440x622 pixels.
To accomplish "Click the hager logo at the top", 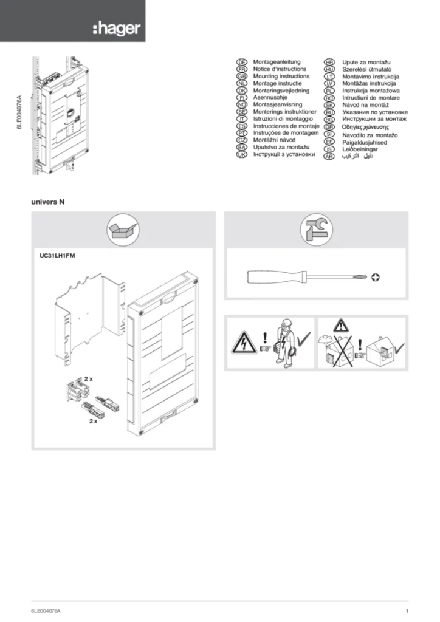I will pyautogui.click(x=117, y=29).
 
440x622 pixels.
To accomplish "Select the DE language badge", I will pyautogui.click(x=241, y=62).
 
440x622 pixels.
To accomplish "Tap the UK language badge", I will pyautogui.click(x=241, y=156).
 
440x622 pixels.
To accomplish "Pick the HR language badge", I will pyautogui.click(x=329, y=62).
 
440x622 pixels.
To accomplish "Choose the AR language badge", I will pyautogui.click(x=329, y=156).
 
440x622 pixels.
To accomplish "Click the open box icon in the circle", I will pyautogui.click(x=124, y=230).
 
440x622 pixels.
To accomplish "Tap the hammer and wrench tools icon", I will pyautogui.click(x=316, y=230).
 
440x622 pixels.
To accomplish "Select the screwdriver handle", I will pyautogui.click(x=267, y=277).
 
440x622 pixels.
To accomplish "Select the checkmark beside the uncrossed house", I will pyautogui.click(x=399, y=348).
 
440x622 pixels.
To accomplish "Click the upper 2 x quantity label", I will pyautogui.click(x=88, y=378).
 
